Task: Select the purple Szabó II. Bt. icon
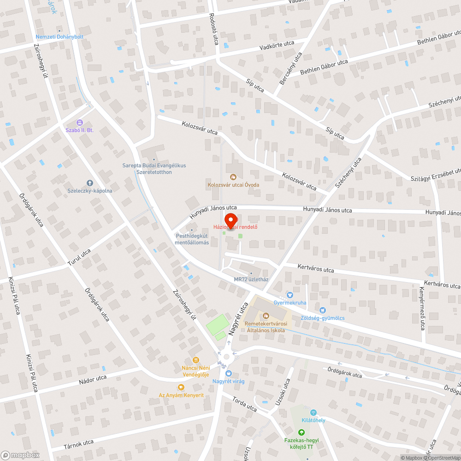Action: point(80,122)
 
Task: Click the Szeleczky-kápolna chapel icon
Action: point(90,183)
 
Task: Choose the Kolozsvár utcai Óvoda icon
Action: point(233,176)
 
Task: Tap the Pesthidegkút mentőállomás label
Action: point(192,239)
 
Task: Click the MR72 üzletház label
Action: point(251,279)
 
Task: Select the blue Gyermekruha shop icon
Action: point(290,295)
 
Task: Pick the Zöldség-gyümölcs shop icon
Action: point(322,310)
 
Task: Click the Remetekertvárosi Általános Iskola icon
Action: point(266,316)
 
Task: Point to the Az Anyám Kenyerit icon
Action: point(181,387)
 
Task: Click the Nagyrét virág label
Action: point(228,381)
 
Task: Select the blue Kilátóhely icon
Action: point(313,412)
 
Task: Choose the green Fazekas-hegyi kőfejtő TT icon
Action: point(301,432)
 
